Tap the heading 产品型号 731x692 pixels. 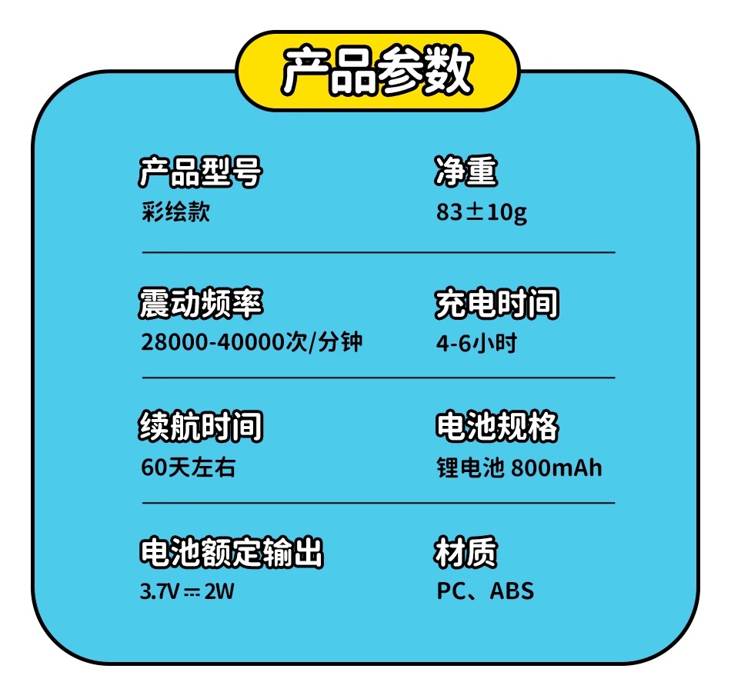coord(200,172)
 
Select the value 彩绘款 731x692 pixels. coord(175,212)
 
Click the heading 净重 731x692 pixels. coord(466,172)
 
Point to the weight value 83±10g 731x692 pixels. coord(482,213)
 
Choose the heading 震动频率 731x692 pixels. coord(200,303)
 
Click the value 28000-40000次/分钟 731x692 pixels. coord(251,343)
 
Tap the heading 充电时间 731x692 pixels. coord(496,303)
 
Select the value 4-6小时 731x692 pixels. coord(476,343)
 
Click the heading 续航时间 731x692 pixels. coord(200,427)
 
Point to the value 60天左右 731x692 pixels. coord(188,467)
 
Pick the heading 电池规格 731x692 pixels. coord(496,427)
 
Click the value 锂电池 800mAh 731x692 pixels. coord(519,467)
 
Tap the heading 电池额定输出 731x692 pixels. coord(231,552)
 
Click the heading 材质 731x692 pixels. coord(466,552)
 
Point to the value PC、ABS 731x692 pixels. coord(485,591)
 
